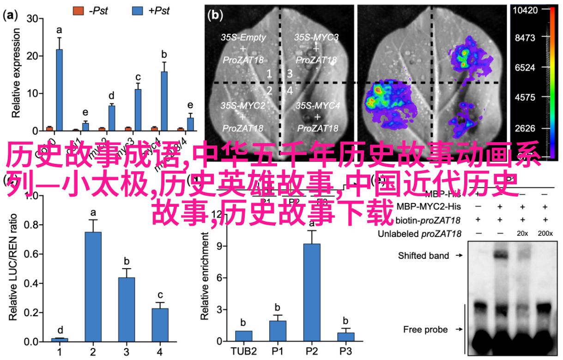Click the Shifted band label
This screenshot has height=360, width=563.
click(x=423, y=255)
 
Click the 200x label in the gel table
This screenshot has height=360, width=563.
click(x=545, y=234)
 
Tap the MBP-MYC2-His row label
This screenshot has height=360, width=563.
click(x=429, y=205)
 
